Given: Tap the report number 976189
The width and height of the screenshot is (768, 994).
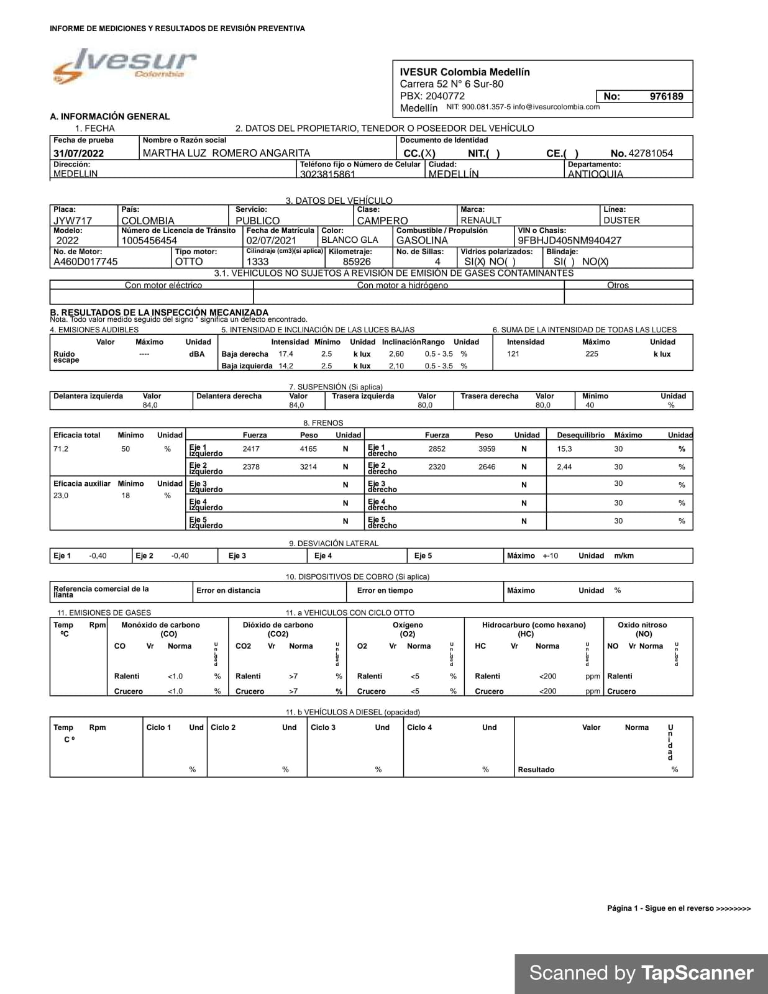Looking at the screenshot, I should click(666, 96).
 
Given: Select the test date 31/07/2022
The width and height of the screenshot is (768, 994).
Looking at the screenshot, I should click(79, 153).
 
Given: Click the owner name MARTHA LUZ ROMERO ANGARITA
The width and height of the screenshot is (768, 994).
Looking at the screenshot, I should click(226, 153).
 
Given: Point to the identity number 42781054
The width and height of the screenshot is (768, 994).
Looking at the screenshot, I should click(651, 153).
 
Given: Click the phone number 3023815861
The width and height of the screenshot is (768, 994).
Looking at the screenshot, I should click(327, 175).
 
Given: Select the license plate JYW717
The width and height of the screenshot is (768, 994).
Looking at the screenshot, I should click(73, 221).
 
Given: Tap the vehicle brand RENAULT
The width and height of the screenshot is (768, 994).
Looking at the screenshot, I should click(481, 221).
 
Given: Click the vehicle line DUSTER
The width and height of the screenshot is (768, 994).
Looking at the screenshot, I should click(621, 221).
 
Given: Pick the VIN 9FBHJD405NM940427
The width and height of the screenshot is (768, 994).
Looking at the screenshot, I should click(569, 240).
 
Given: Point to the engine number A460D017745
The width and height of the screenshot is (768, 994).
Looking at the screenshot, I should click(85, 262).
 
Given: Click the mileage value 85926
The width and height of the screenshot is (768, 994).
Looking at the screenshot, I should click(357, 262).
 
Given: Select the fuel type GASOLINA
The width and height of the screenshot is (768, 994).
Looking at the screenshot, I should click(422, 240).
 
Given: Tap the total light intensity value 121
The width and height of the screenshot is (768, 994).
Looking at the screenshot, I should click(513, 354).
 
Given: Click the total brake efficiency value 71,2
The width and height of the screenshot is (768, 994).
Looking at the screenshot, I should click(61, 449).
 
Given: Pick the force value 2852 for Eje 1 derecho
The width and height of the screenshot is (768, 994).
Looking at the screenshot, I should click(437, 449).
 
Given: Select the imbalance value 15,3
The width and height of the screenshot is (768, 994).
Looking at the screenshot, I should click(564, 449).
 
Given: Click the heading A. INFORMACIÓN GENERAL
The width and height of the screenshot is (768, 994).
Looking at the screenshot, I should click(110, 116).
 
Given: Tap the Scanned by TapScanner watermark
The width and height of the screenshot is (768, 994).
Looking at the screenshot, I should click(641, 973).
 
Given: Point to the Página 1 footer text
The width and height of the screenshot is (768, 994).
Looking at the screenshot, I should click(679, 908).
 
